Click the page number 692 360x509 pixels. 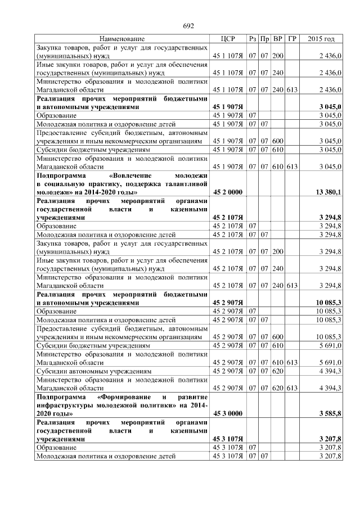click(x=188, y=26)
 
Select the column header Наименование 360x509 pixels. click(x=122, y=39)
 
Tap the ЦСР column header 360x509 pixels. click(x=227, y=39)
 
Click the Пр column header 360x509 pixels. click(x=265, y=39)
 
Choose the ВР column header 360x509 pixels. click(x=278, y=39)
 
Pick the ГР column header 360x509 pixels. click(x=291, y=39)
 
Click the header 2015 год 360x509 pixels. click(x=321, y=39)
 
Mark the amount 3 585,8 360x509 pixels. click(x=331, y=413)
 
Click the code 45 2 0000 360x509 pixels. click(x=227, y=192)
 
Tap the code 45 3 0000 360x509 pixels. click(x=227, y=413)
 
